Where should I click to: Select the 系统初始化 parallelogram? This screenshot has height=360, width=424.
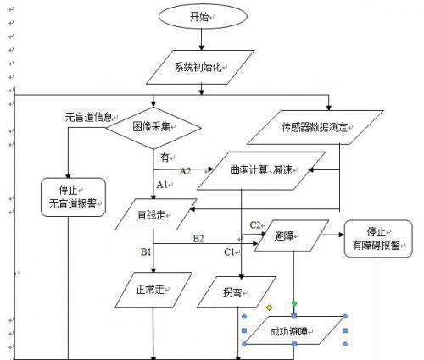[x=200, y=67]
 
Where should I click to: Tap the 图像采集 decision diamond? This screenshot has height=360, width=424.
[x=155, y=127]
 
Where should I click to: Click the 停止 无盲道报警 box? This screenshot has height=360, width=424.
[x=73, y=197]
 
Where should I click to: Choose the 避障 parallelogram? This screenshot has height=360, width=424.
[x=293, y=238]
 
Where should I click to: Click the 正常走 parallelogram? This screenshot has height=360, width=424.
[x=153, y=289]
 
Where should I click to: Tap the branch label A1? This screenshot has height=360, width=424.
[x=161, y=184]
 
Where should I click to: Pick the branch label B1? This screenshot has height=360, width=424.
[x=146, y=252]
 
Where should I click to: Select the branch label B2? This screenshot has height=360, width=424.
[x=198, y=239]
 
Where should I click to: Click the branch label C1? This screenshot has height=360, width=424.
[x=230, y=252]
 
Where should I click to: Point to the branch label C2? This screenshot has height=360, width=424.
[x=255, y=224]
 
